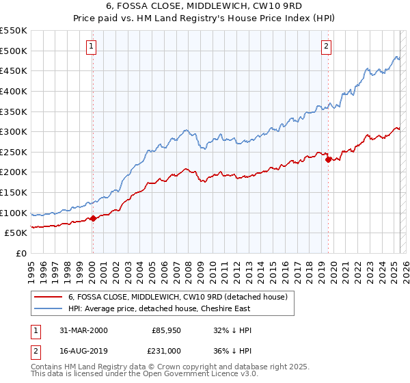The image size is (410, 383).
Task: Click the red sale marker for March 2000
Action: click(94, 219)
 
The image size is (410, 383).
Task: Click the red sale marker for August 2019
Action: click(328, 159)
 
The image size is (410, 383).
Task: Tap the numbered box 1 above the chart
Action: click(91, 47)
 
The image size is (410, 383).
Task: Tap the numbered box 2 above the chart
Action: click(326, 47)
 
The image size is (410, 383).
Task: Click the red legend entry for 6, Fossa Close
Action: click(181, 297)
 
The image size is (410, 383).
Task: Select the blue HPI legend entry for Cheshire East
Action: click(159, 308)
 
